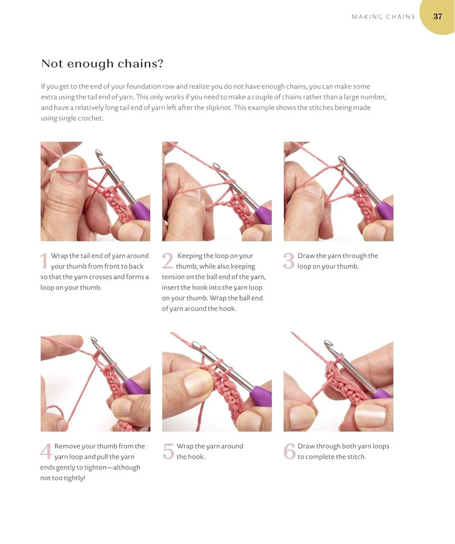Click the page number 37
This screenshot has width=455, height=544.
click(438, 16)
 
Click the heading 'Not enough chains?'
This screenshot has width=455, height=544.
click(102, 64)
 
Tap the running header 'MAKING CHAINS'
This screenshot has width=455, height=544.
click(383, 17)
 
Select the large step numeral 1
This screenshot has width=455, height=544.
click(44, 261)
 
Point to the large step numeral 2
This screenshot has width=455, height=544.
click(168, 261)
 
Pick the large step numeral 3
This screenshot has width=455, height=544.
click(289, 261)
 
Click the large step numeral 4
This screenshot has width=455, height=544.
click(46, 451)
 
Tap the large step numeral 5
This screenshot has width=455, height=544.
click(168, 451)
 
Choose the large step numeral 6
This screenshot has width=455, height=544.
click(289, 451)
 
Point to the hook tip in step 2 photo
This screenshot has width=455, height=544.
click(216, 167)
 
